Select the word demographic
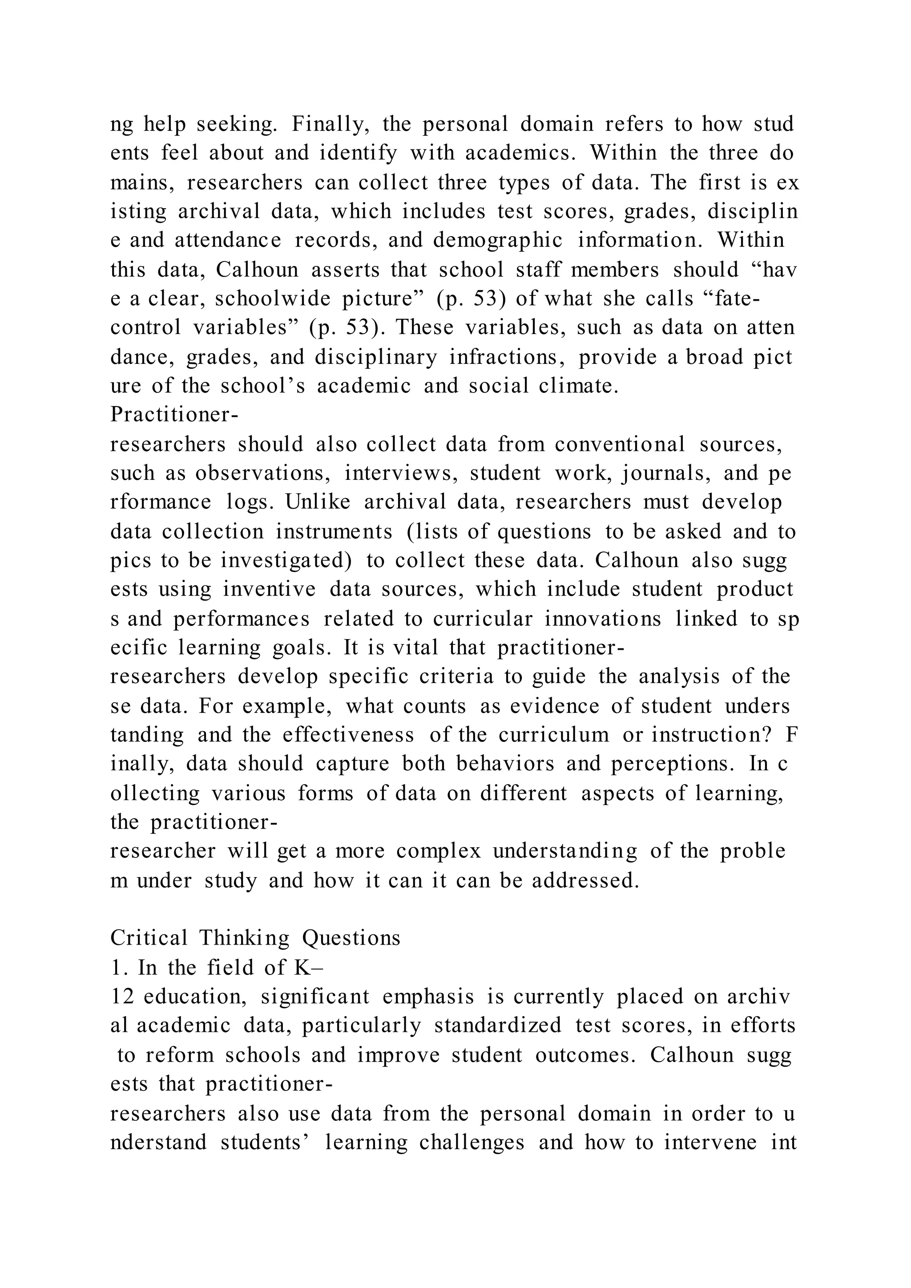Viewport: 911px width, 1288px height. coord(498,240)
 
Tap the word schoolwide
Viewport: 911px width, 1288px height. coord(273,298)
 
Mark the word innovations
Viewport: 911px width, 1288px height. coord(603,619)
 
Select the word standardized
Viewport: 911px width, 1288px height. coord(498,1026)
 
